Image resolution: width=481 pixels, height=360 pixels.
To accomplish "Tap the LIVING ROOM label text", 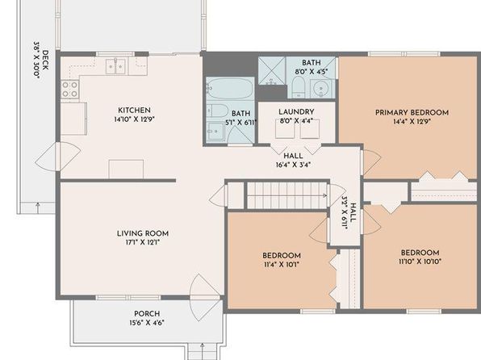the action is tap(143, 233).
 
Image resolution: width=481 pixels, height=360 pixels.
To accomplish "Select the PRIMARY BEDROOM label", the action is tap(412, 112).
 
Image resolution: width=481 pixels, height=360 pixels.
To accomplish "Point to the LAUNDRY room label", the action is tap(296, 111).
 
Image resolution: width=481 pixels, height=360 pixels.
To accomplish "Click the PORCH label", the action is tap(147, 314).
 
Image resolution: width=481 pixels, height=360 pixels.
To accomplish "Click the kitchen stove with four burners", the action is tap(69, 89).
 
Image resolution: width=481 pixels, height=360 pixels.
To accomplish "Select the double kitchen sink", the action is tap(115, 66).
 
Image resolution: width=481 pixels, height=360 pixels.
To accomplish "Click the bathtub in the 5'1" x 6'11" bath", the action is tap(230, 89).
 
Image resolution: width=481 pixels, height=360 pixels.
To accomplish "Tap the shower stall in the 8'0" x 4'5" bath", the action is tap(272, 70).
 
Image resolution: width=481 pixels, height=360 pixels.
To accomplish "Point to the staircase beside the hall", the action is tap(287, 195).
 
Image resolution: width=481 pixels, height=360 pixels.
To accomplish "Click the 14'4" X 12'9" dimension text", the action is tap(412, 122).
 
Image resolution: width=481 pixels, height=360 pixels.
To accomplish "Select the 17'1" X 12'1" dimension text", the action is tap(143, 242).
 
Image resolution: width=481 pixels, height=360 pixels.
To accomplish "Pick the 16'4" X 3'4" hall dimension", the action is tap(293, 165).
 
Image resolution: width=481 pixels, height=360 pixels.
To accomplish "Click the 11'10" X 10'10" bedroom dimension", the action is tap(420, 262).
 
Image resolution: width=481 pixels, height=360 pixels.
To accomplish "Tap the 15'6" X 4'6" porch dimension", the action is tap(147, 323).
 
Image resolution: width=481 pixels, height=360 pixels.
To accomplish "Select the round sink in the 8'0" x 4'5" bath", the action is tap(321, 89).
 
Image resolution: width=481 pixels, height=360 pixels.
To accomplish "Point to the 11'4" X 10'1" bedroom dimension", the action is tap(282, 265).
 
